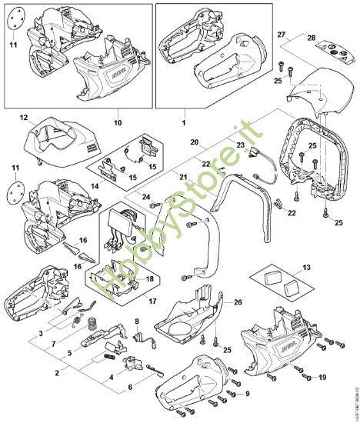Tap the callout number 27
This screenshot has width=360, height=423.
click(x=282, y=35)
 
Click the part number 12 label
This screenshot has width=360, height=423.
click(x=24, y=118)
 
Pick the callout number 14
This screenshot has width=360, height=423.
click(x=116, y=186)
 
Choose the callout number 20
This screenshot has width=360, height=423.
click(x=195, y=142)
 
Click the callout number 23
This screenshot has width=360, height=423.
click(x=239, y=145)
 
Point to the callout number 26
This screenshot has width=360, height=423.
click(x=238, y=301)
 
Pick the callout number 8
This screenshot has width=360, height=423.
click(x=137, y=321)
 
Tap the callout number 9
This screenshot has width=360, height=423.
click(x=248, y=395)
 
